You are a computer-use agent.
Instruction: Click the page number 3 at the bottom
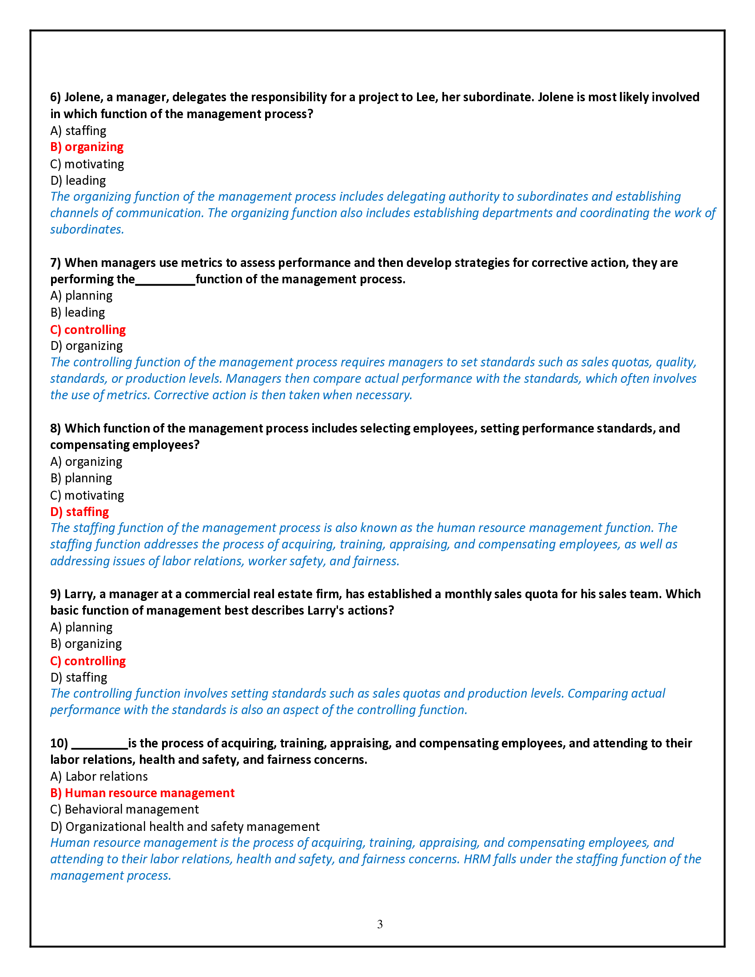[x=380, y=924]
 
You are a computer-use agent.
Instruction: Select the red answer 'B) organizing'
[x=87, y=147]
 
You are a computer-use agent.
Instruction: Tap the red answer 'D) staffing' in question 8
[x=79, y=512]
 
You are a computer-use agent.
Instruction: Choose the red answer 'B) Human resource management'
[x=142, y=793]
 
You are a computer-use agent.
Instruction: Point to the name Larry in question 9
[x=79, y=594]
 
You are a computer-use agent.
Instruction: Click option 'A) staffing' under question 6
[x=78, y=131]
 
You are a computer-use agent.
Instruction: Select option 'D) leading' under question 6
[x=78, y=180]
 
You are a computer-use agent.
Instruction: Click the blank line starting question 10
[x=99, y=744]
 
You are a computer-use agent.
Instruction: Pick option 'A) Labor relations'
[x=99, y=776]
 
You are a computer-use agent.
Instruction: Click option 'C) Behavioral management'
[x=124, y=809]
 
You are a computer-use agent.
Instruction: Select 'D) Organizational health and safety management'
[x=185, y=826]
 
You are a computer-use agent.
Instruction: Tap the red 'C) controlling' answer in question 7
[x=87, y=330]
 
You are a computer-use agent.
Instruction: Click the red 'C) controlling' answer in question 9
[x=87, y=661]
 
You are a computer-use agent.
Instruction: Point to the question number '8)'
[x=56, y=428]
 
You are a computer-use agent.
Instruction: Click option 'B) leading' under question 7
[x=77, y=312]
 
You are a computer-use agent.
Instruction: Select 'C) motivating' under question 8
[x=87, y=495]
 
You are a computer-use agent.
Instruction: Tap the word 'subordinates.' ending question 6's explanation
[x=87, y=230]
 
